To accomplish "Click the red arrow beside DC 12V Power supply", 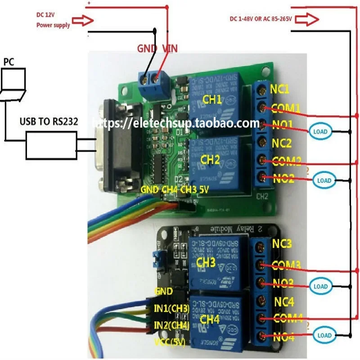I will point(84,20).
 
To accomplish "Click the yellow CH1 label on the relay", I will point(211,99).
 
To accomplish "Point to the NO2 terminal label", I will point(283,179).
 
